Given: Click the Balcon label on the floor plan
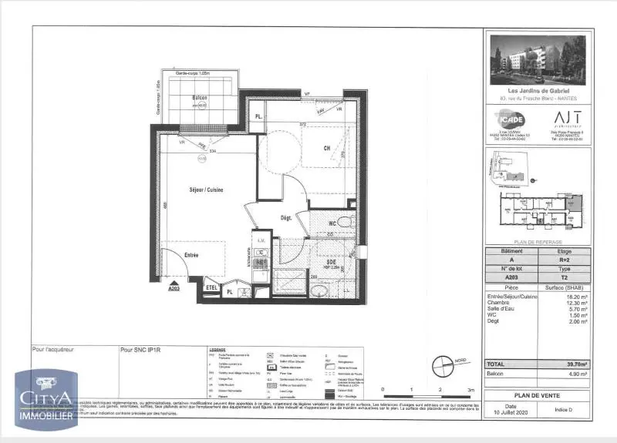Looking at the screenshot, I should pos(199,98).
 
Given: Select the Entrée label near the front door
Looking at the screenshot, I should pos(190,254).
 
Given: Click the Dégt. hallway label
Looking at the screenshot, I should pos(285,218).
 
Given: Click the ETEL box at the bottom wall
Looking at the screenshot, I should pos(211,287).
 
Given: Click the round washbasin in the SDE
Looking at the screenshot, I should pos(317,288).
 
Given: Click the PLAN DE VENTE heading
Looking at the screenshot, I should pos(538,392).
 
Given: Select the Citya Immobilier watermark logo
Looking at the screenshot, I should pos(46,399).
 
